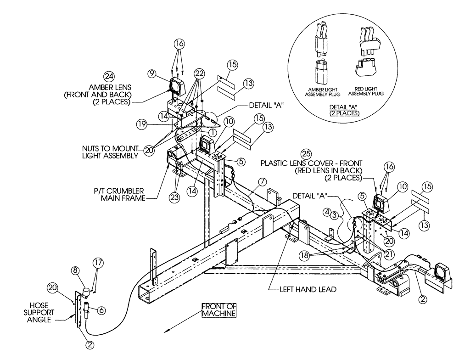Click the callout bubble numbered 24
pyautogui.click(x=109, y=76)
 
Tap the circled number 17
pyautogui.click(x=99, y=263)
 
